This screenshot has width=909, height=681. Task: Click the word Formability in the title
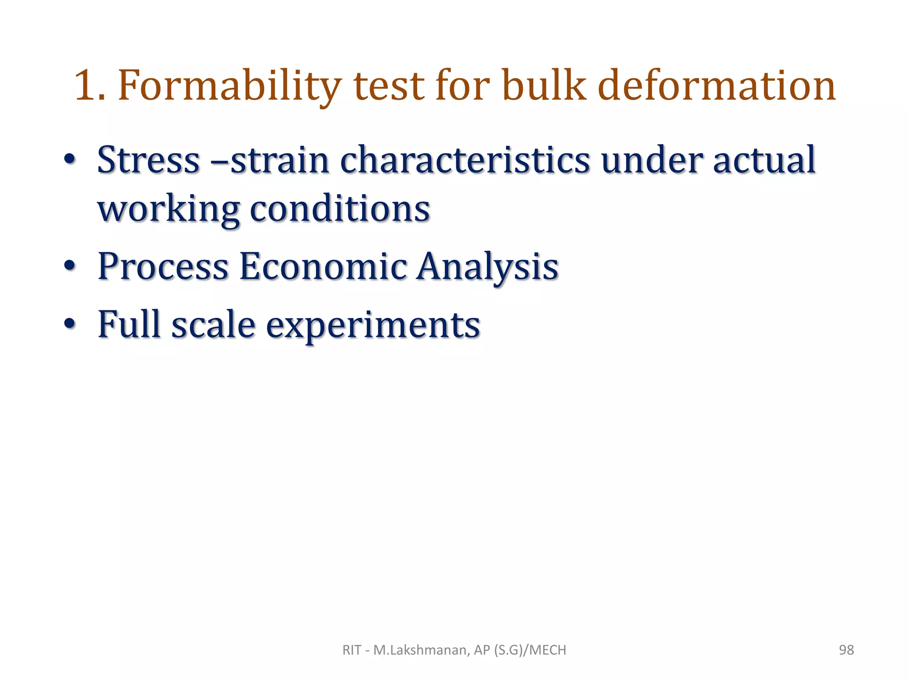point(230,86)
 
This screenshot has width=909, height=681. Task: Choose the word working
point(168,209)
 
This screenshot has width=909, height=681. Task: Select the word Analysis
point(487,267)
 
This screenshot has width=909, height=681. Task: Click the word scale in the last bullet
point(213,325)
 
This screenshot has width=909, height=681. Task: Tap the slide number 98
point(846,650)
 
